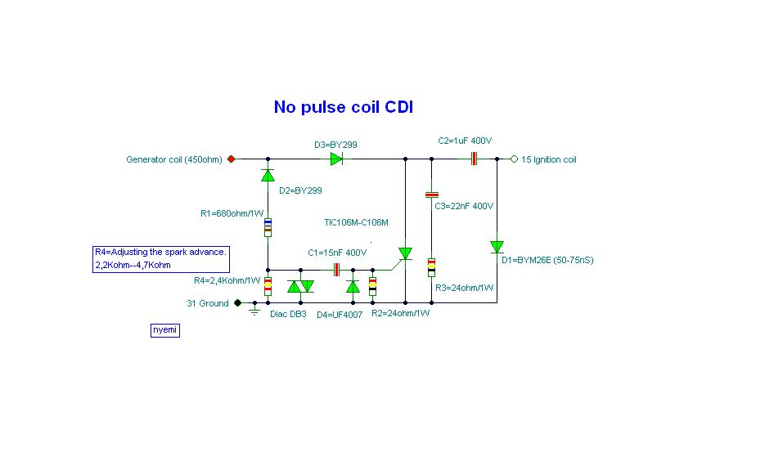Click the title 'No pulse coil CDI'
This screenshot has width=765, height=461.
pyautogui.click(x=349, y=107)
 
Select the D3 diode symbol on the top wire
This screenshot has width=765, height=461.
pyautogui.click(x=336, y=159)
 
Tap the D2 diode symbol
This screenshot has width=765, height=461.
pyautogui.click(x=268, y=175)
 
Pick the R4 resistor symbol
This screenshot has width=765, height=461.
pyautogui.click(x=268, y=287)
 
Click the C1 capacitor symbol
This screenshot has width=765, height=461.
pyautogui.click(x=335, y=270)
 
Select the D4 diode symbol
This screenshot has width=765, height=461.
pyautogui.click(x=353, y=286)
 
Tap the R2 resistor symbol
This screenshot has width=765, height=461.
pyautogui.click(x=373, y=286)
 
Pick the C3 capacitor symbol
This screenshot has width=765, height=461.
pyautogui.click(x=431, y=195)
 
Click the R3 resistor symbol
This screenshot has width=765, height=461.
pyautogui.click(x=431, y=266)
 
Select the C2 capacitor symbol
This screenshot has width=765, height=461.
pyautogui.click(x=473, y=159)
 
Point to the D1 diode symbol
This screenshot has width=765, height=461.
pyautogui.click(x=497, y=246)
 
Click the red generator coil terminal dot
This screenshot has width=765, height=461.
pyautogui.click(x=231, y=159)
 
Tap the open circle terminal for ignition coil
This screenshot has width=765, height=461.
pyautogui.click(x=514, y=159)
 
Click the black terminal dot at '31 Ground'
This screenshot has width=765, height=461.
pyautogui.click(x=238, y=302)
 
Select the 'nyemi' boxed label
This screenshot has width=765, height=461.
pyautogui.click(x=164, y=330)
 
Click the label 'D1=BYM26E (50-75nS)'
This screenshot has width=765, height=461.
pyautogui.click(x=547, y=260)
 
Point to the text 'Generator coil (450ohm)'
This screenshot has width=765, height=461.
pyautogui.click(x=174, y=159)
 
